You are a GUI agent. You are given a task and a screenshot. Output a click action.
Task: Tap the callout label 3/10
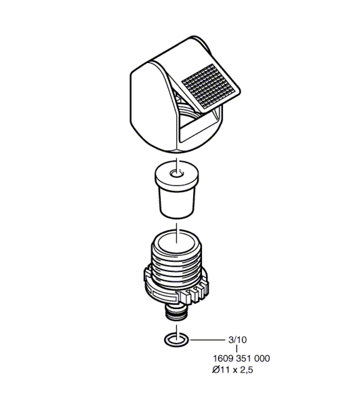coord(238,340)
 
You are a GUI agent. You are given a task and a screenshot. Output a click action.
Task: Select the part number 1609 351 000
coord(242,358)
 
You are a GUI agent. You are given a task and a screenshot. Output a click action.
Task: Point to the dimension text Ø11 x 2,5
coord(233,370)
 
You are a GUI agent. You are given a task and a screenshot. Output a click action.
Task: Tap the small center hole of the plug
coord(177,174)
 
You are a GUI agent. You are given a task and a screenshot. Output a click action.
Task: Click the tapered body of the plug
coord(177,203)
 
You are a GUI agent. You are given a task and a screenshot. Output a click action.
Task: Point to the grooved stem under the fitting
coord(176,312)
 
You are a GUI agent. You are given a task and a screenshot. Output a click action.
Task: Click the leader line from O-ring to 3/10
coord(207,340)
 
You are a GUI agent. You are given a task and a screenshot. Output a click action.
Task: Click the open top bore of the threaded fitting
coord(176,243)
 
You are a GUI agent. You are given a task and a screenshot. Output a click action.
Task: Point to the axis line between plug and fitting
coord(176,233)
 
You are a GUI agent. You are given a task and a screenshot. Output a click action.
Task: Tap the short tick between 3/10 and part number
coord(237,349)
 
